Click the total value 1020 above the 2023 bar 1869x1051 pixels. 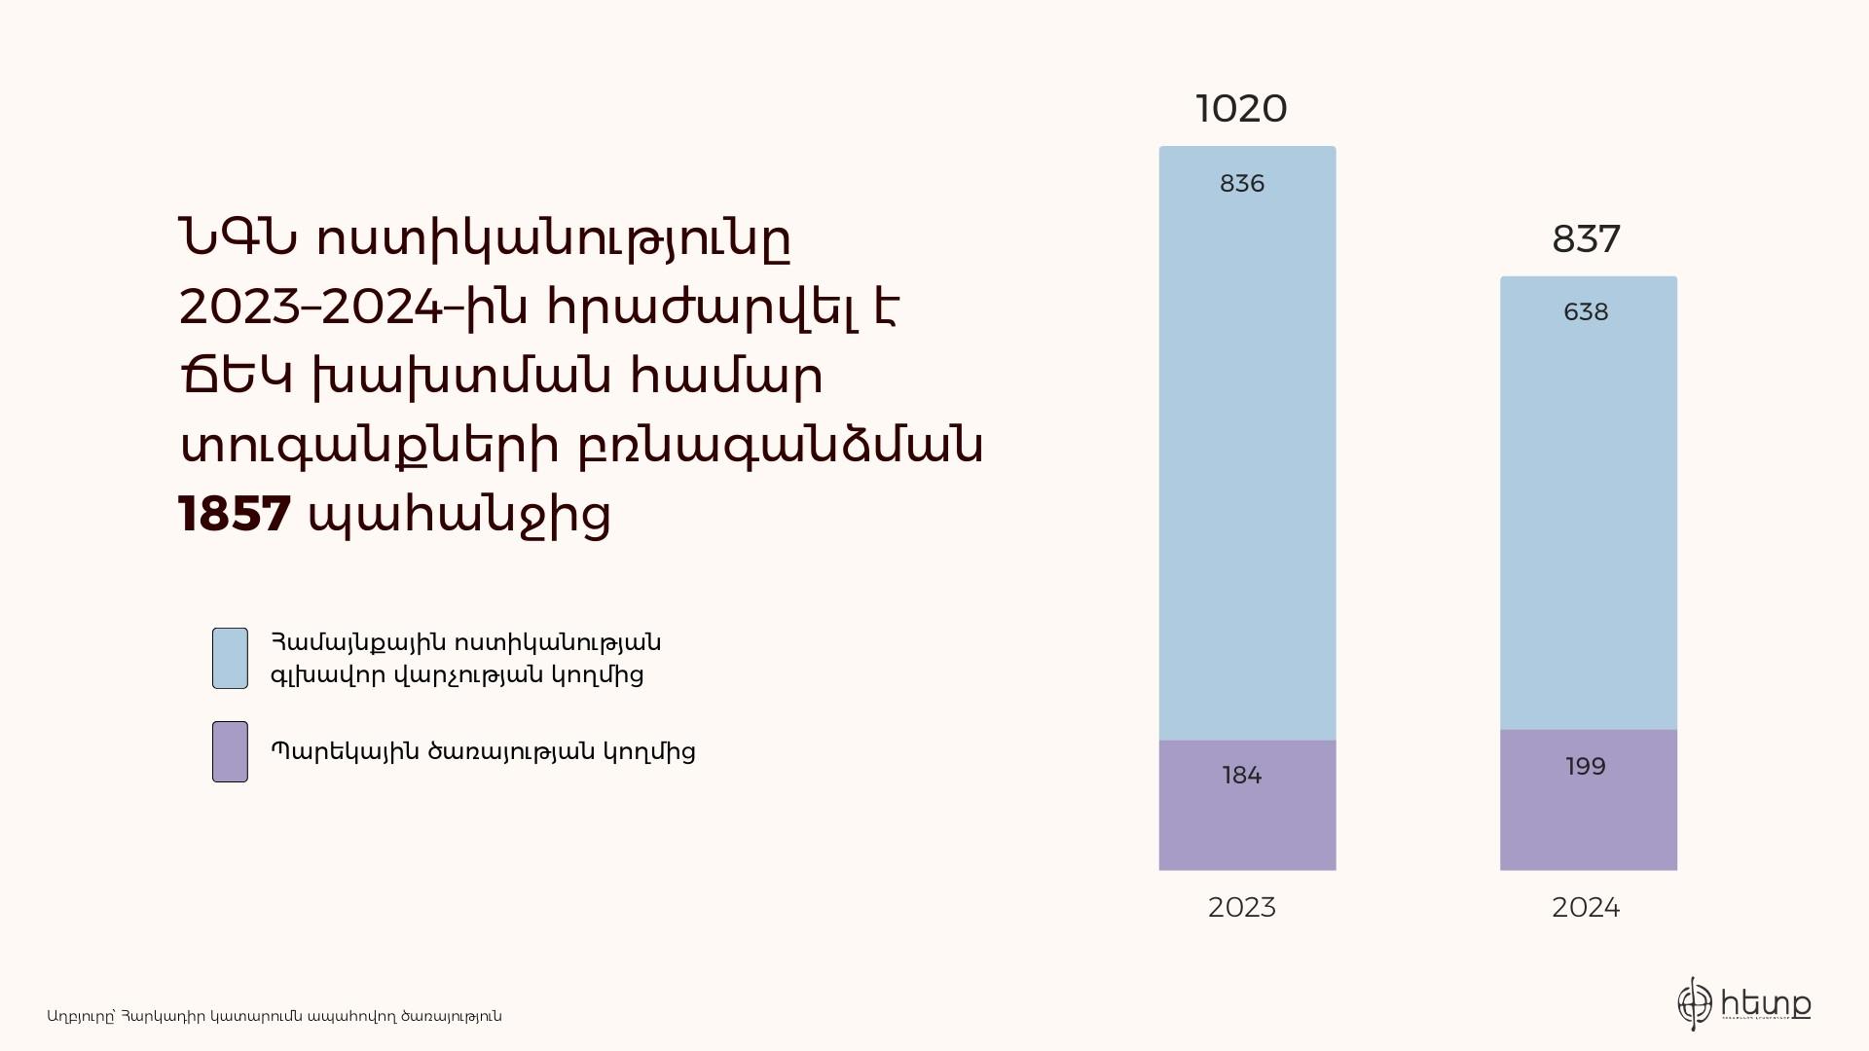(x=1241, y=109)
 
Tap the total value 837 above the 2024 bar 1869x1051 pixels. (x=1586, y=239)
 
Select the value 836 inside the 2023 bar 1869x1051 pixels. (x=1242, y=184)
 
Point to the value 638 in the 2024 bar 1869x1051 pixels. (x=1586, y=312)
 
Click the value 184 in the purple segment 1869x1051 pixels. (x=1242, y=776)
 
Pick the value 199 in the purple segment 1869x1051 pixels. (x=1586, y=767)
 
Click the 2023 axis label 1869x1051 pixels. (x=1242, y=908)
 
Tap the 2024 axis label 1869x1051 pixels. (x=1586, y=908)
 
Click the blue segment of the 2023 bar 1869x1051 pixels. (x=1247, y=444)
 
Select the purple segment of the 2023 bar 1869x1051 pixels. (x=1247, y=806)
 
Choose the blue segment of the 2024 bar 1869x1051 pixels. (x=1589, y=503)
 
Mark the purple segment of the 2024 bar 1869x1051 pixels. (x=1589, y=800)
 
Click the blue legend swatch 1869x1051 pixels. (x=230, y=659)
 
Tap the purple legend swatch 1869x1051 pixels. (x=230, y=752)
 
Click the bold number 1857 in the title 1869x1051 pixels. (x=235, y=514)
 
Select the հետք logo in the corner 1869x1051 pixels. (x=1743, y=1003)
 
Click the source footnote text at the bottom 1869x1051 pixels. (x=275, y=1016)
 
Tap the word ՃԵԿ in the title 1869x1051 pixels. (x=236, y=376)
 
